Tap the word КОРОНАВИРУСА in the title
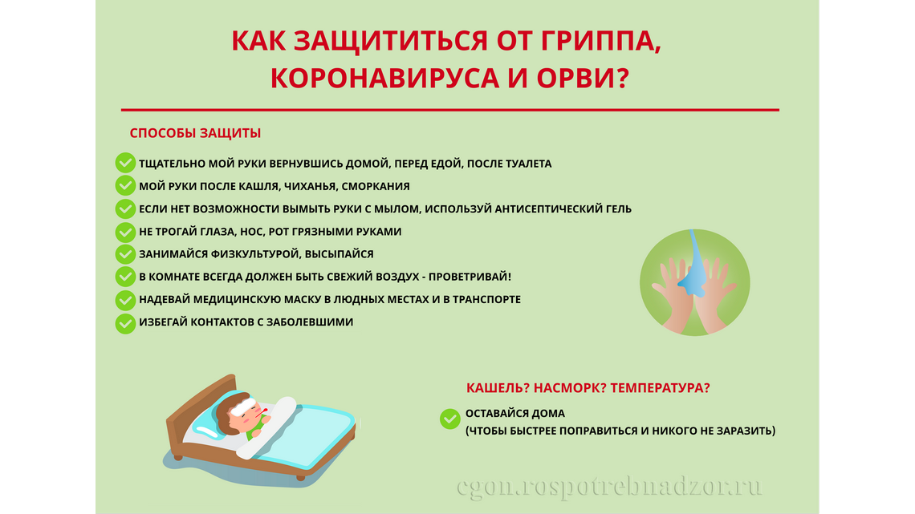384,78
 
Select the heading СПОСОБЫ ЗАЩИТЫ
195,133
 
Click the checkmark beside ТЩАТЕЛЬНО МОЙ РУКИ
125,163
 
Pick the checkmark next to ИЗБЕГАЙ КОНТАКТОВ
125,323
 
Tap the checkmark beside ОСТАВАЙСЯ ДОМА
450,419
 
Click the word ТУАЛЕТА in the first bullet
524,164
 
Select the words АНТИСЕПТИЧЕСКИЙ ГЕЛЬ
563,208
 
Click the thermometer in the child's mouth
262,415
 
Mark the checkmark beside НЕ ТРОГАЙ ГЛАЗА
125,232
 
